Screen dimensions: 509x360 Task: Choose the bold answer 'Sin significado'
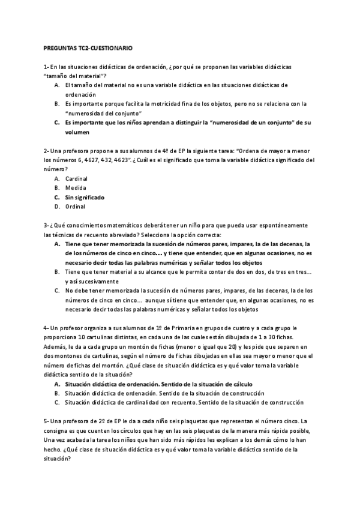pyautogui.click(x=85, y=197)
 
